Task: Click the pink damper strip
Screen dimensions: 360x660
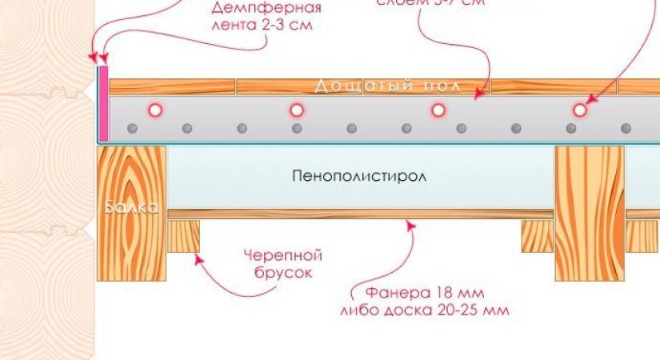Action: pos(103,104)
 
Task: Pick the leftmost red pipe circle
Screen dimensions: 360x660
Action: pos(155,110)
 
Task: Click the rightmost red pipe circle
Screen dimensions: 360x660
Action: pos(579,110)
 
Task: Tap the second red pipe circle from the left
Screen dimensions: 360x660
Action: pos(297,110)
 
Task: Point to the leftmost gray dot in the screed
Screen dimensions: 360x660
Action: pos(132,128)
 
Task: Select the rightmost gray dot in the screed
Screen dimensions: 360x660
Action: pos(626,128)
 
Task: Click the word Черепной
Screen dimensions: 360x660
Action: pos(283,256)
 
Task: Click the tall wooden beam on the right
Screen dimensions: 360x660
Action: pos(589,213)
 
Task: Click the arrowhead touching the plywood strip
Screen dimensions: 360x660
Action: pos(411,228)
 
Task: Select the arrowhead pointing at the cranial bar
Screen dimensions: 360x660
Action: pos(198,258)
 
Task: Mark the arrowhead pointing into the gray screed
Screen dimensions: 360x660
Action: pos(479,94)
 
